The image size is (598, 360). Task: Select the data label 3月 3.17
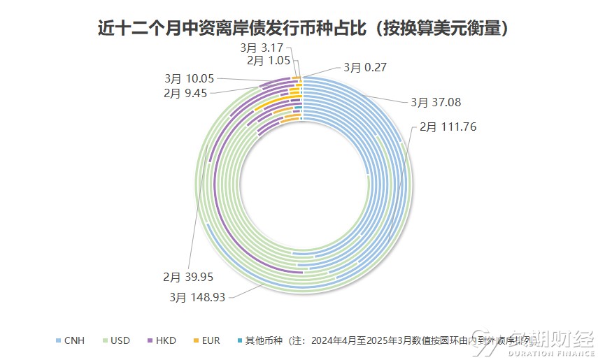[x=262, y=48]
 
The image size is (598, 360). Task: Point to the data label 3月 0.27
[x=364, y=68]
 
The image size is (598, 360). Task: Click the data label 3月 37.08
[x=436, y=102]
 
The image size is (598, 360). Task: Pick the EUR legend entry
[x=211, y=341]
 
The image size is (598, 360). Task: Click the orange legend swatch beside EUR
[x=196, y=341]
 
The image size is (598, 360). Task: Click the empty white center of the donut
[x=301, y=185]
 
